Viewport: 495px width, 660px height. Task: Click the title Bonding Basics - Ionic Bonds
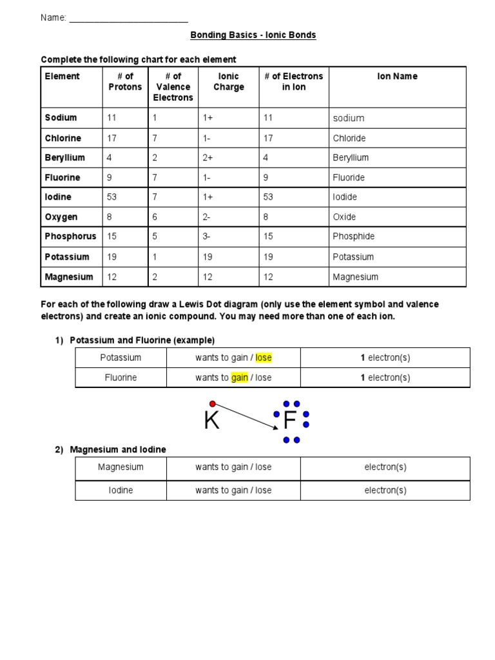click(x=253, y=35)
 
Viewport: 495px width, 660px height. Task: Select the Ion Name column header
click(x=397, y=77)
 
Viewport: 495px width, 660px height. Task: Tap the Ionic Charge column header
click(x=228, y=82)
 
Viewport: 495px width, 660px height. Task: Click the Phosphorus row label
click(x=70, y=237)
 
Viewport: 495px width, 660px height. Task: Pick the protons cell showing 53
click(x=112, y=197)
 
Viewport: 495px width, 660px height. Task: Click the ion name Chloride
click(x=349, y=139)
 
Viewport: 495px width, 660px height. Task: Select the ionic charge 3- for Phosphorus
click(x=207, y=237)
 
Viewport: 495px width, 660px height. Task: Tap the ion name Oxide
click(x=344, y=217)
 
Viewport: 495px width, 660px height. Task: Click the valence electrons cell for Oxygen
click(x=155, y=217)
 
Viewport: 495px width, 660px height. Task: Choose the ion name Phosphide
click(x=353, y=237)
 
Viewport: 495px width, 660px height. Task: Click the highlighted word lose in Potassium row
click(x=264, y=358)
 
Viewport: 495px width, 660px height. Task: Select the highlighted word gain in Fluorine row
click(x=240, y=378)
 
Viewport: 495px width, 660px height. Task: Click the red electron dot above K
click(x=212, y=404)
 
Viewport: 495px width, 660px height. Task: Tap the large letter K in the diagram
click(x=211, y=422)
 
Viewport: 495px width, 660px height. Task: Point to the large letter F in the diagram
click(x=289, y=422)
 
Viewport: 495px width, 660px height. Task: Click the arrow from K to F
click(x=246, y=416)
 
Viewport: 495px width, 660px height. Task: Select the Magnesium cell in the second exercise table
click(x=121, y=467)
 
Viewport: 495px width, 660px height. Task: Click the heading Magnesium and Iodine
click(x=118, y=449)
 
